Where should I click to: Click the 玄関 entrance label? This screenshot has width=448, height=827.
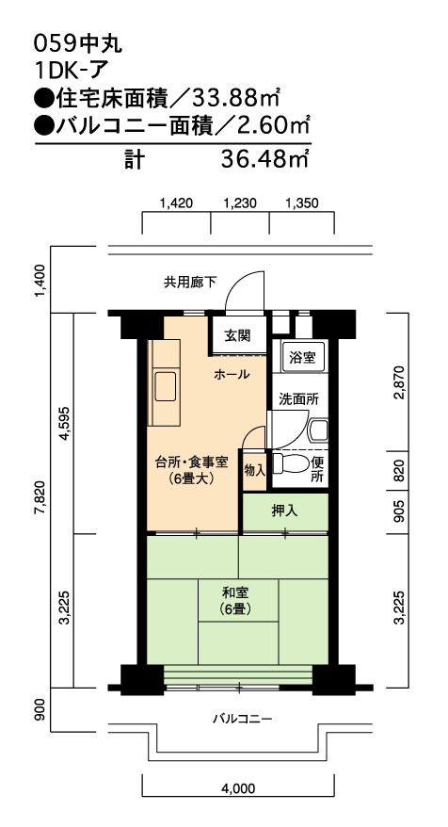pos(238,335)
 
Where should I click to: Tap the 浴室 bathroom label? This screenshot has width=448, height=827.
pos(302,357)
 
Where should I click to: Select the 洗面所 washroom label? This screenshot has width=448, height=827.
pos(299,399)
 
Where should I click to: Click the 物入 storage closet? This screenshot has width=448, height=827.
pos(254,470)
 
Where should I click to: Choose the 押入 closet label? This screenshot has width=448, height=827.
pos(284,511)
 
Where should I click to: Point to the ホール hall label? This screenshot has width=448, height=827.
pos(232,375)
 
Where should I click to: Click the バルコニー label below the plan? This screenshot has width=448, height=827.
pos(243,719)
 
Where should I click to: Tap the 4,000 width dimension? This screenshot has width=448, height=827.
pos(238,788)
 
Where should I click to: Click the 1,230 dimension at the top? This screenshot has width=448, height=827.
pos(240,203)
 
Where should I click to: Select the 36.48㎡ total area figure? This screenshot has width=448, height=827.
pos(264,159)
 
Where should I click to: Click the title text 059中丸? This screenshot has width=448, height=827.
pos(78,44)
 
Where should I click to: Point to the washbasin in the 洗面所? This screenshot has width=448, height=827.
pos(318,430)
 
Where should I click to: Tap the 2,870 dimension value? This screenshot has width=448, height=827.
pos(399,382)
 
